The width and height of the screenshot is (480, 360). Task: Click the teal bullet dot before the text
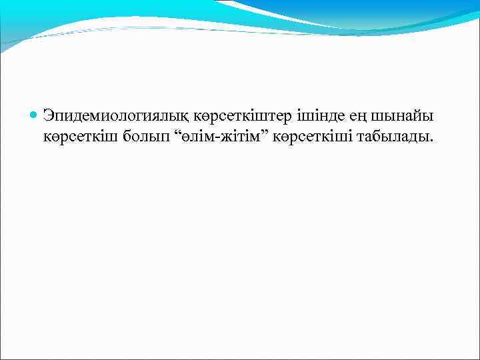click(x=34, y=116)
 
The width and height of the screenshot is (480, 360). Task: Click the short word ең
click(x=338, y=117)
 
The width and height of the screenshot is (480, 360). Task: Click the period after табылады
click(x=430, y=141)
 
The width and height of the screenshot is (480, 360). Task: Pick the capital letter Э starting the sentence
click(x=49, y=116)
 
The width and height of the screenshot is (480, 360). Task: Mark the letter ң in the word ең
click(x=343, y=118)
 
